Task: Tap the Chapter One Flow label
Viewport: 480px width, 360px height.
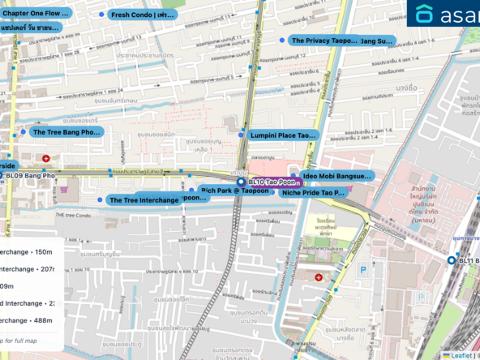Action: click(36, 14)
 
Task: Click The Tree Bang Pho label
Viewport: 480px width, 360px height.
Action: click(66, 131)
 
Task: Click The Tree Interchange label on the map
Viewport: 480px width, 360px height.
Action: click(144, 199)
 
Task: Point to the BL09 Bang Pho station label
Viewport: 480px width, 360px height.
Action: click(32, 175)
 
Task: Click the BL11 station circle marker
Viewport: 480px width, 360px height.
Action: click(452, 260)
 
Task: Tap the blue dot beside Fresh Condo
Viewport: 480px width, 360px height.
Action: click(101, 15)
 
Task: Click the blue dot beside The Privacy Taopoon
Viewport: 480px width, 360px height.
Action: click(282, 40)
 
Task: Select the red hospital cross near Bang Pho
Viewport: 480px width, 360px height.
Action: click(46, 157)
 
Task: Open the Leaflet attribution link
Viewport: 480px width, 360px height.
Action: click(460, 354)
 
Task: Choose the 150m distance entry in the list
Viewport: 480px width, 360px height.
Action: click(28, 251)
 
